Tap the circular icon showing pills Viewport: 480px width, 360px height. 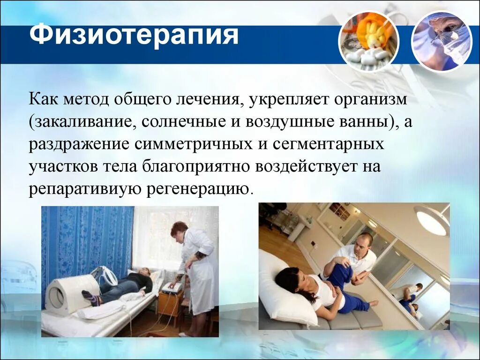point(368,41)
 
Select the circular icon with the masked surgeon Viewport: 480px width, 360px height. point(441,41)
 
